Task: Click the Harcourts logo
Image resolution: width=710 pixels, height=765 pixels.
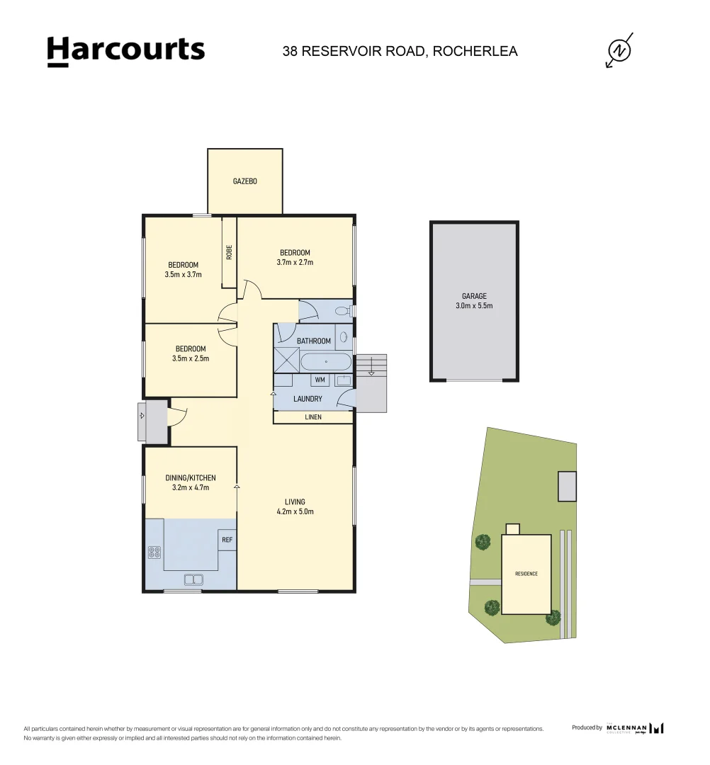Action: tap(125, 51)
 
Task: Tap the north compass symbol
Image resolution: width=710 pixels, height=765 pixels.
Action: tap(620, 50)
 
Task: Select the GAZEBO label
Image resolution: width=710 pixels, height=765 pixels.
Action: tap(245, 181)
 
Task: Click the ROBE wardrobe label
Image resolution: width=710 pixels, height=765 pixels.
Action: tap(229, 252)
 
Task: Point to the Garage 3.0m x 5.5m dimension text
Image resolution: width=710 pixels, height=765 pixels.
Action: tap(474, 306)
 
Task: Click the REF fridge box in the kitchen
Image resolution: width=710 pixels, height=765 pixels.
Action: tap(227, 540)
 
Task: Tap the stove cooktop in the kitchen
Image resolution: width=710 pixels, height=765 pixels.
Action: tap(154, 552)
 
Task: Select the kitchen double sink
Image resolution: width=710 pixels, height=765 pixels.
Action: tap(193, 579)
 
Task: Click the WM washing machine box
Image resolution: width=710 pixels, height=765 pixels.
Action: tap(320, 380)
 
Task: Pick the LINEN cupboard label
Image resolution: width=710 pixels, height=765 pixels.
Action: tap(313, 417)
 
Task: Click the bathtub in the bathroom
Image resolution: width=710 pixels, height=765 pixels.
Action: tap(325, 362)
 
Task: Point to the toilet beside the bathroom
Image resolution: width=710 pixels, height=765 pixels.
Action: tap(342, 310)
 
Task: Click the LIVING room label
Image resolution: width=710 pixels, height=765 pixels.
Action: tap(295, 502)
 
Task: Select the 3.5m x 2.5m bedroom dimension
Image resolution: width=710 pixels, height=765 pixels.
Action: tap(191, 358)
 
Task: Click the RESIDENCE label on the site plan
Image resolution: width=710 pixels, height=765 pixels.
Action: tap(526, 574)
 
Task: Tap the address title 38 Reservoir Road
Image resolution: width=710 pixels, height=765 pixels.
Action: tap(400, 51)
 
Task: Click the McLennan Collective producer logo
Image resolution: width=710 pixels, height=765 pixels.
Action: tap(634, 727)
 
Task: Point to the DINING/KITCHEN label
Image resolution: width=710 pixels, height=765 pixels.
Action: tap(191, 478)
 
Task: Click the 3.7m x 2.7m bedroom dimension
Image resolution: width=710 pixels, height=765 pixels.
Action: tap(295, 262)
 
